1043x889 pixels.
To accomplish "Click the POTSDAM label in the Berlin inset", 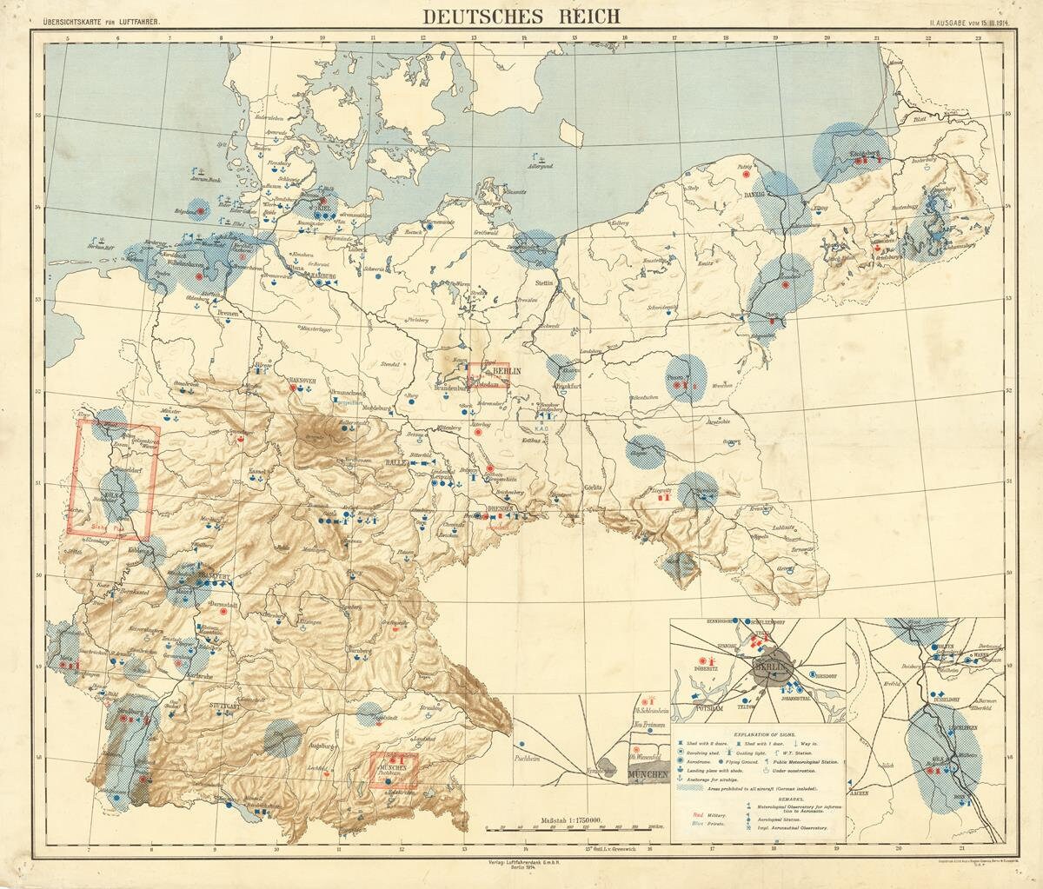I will (x=709, y=708).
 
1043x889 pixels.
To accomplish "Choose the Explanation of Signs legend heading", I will (x=759, y=733).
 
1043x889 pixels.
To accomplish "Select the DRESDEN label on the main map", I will (x=477, y=507).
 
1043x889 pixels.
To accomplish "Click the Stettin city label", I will (x=545, y=283).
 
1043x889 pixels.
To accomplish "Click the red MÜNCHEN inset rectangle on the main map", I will (x=395, y=771).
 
